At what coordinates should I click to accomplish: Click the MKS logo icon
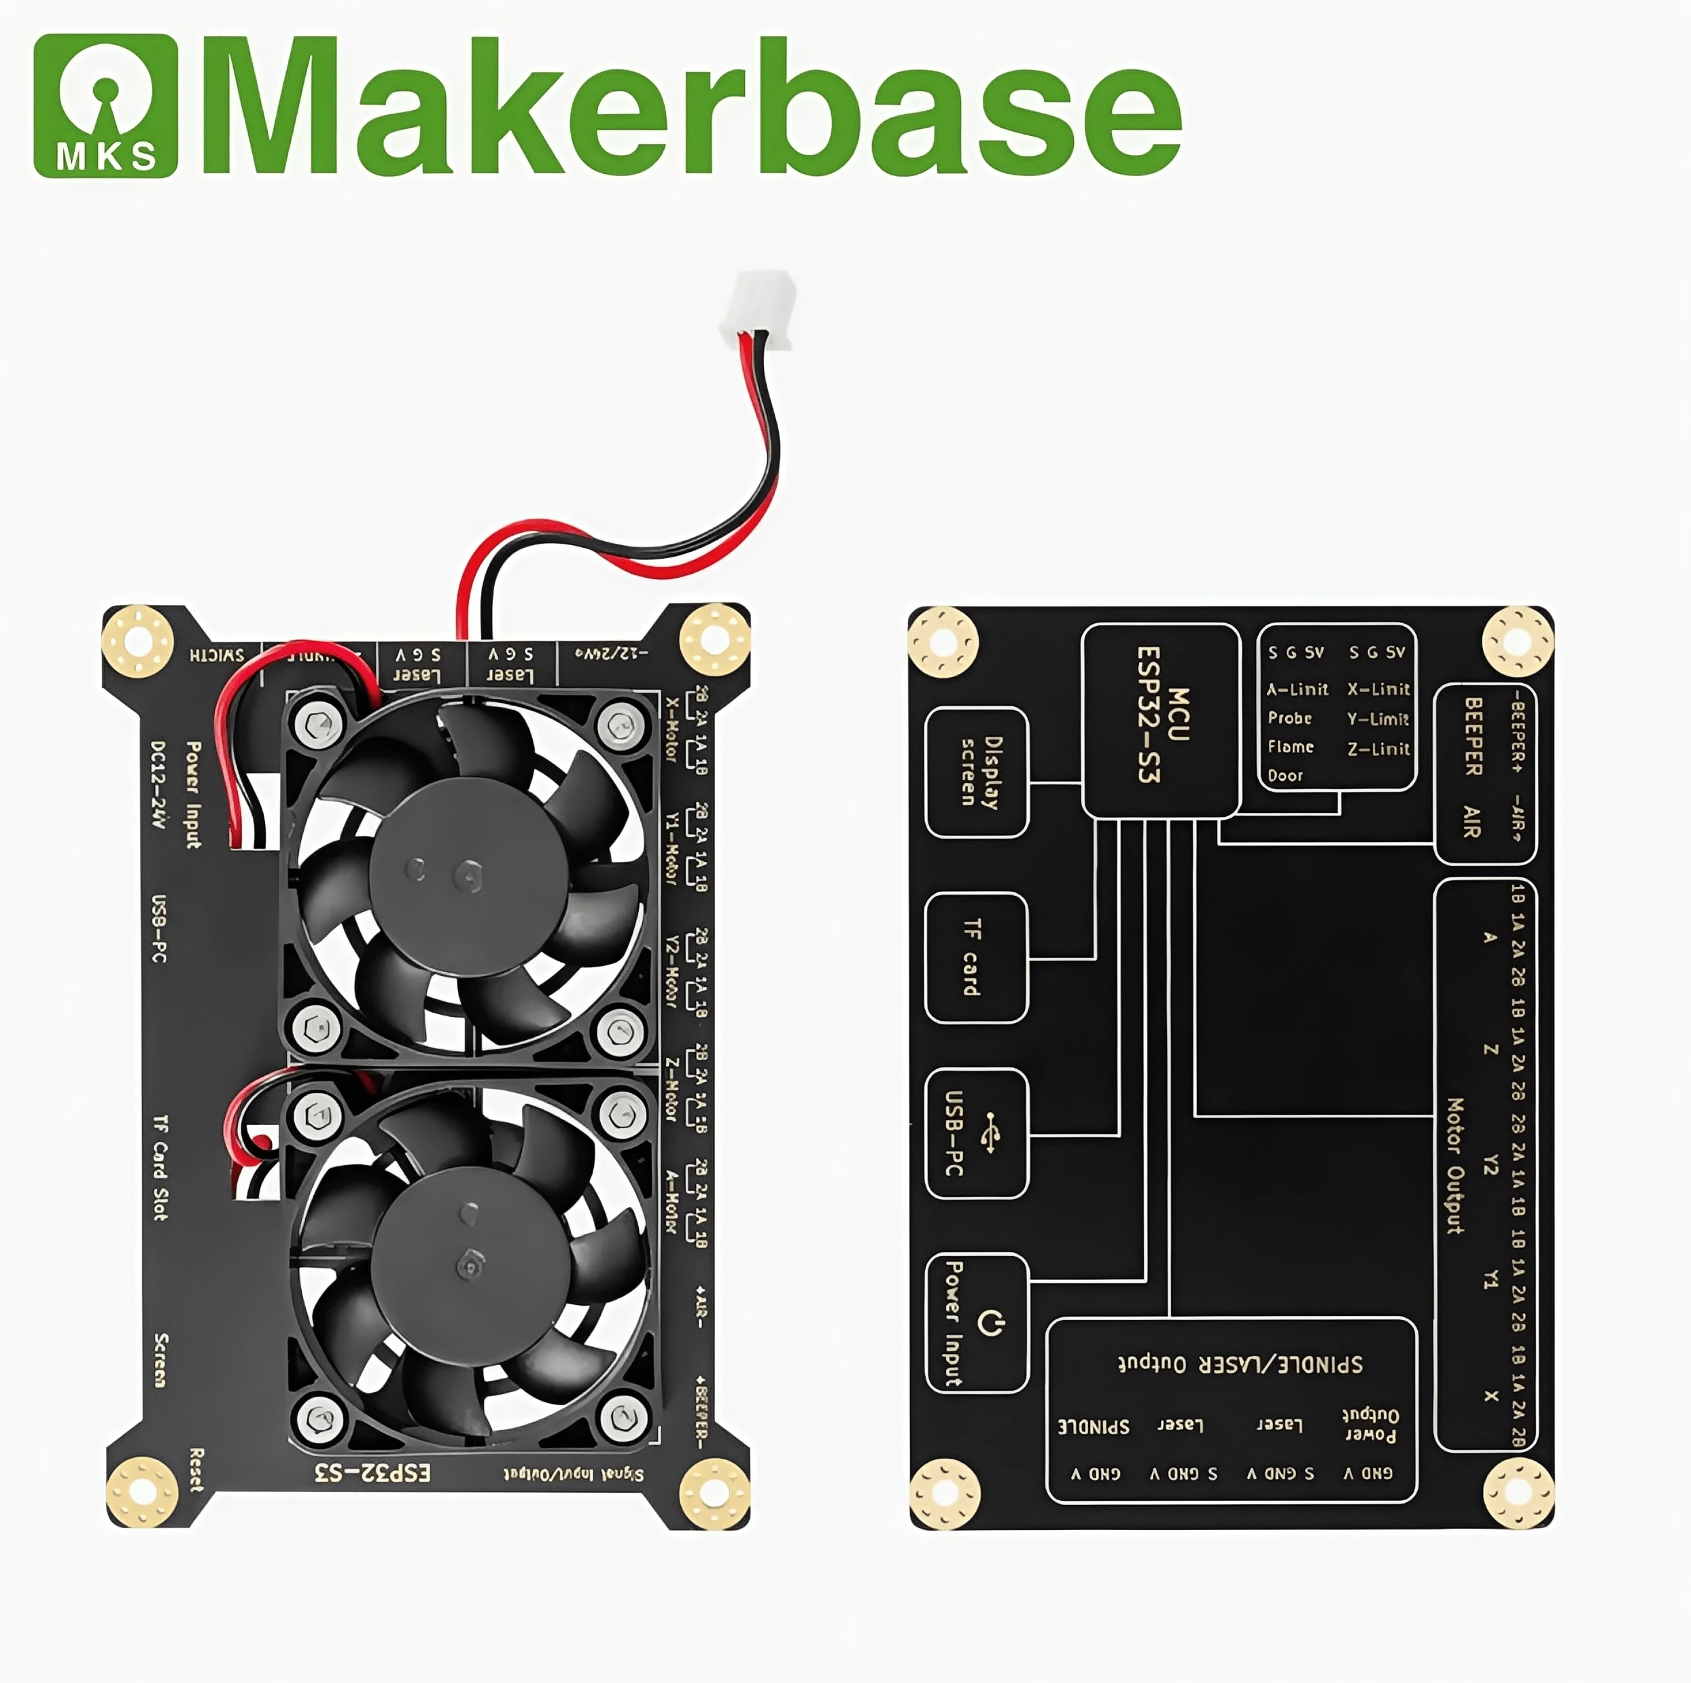coord(106,106)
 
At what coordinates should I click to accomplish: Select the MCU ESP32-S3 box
coord(1161,721)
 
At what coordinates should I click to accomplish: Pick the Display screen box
coord(977,772)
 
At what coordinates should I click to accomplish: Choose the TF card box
coord(975,958)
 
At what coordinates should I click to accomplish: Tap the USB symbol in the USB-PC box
coord(991,1132)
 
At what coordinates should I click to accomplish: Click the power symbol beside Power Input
coord(990,1321)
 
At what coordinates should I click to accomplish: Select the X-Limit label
coord(1378,689)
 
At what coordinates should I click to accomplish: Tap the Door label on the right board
coord(1285,776)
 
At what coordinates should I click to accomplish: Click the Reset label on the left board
coord(197,1470)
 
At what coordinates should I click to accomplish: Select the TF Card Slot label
coord(160,1168)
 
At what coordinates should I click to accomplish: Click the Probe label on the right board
coord(1290,718)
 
